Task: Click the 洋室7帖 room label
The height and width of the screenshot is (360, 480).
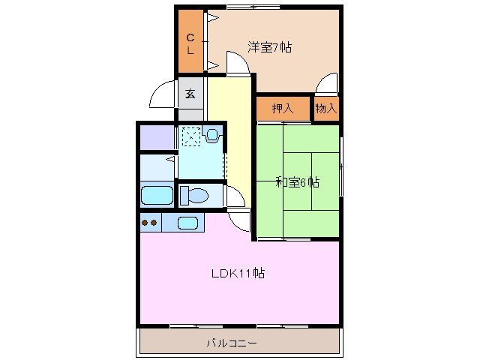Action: (x=269, y=47)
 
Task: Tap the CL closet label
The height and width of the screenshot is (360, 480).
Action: (x=190, y=44)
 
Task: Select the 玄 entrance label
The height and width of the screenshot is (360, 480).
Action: (x=190, y=94)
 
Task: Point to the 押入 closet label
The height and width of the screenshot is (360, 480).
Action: (x=283, y=109)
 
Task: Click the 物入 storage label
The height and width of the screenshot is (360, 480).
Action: (x=325, y=109)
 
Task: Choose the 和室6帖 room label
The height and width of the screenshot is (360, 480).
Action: (x=297, y=182)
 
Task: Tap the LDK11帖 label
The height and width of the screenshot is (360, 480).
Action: (x=237, y=272)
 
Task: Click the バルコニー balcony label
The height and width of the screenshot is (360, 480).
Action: (x=232, y=343)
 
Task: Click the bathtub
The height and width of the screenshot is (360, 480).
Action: (x=157, y=196)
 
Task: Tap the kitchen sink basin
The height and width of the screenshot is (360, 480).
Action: (x=187, y=223)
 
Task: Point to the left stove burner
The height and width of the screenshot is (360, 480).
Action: (x=145, y=223)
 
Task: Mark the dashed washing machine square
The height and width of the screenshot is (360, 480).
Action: (x=192, y=136)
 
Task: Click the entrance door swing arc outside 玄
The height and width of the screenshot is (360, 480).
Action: (x=161, y=96)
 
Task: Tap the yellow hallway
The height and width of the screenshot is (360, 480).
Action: (x=229, y=135)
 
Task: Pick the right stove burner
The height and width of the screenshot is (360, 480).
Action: (x=155, y=223)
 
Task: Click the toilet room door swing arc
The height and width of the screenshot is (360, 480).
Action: (x=235, y=196)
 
